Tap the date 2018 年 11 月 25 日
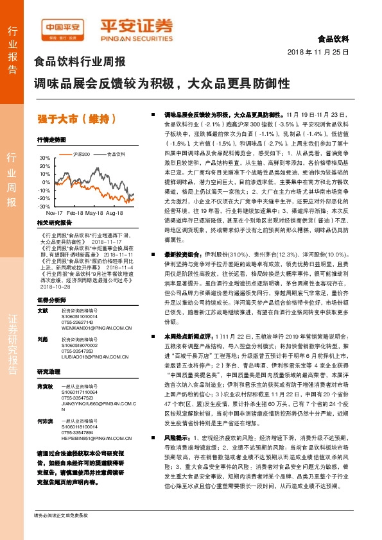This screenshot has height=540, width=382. point(318,52)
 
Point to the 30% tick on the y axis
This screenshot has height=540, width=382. point(44,158)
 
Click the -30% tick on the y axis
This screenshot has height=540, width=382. point(44,207)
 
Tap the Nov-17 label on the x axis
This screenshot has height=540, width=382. point(55,212)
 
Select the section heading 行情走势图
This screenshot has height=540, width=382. point(51,139)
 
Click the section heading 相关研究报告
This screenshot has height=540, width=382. point(54,223)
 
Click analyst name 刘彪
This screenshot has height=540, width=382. point(42,338)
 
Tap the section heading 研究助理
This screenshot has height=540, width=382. point(48,372)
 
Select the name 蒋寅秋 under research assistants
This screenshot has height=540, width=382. point(44,386)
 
